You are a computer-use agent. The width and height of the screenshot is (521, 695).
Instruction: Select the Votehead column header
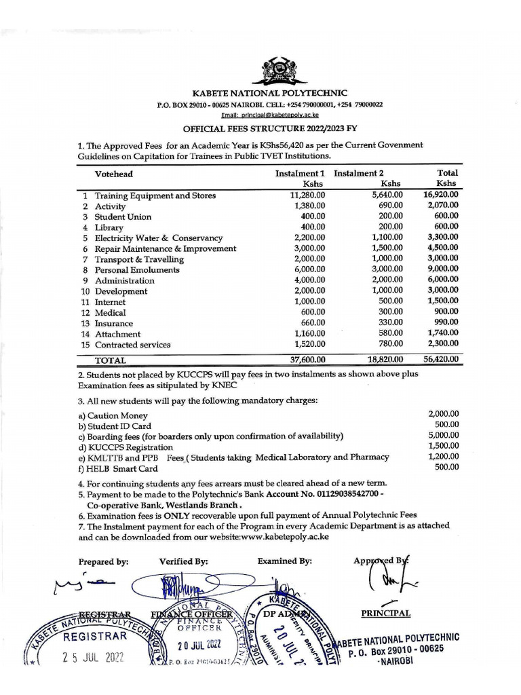point(115,174)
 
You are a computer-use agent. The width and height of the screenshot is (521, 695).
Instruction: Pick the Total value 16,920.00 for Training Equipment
point(441,195)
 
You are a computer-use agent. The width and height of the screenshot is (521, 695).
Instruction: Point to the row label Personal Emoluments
point(137,270)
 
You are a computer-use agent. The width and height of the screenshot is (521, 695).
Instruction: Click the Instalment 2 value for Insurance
point(390,324)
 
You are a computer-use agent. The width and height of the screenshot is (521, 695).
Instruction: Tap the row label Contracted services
point(132,345)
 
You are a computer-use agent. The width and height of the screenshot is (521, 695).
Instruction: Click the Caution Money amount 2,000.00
point(444,414)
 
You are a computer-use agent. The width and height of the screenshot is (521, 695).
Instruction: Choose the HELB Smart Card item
point(118,468)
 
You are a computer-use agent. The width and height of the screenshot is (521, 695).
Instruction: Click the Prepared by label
point(103,562)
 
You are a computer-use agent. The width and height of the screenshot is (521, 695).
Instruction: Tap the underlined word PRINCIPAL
point(385,614)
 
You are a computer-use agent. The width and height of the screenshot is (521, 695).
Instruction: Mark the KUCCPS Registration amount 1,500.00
point(444,446)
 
